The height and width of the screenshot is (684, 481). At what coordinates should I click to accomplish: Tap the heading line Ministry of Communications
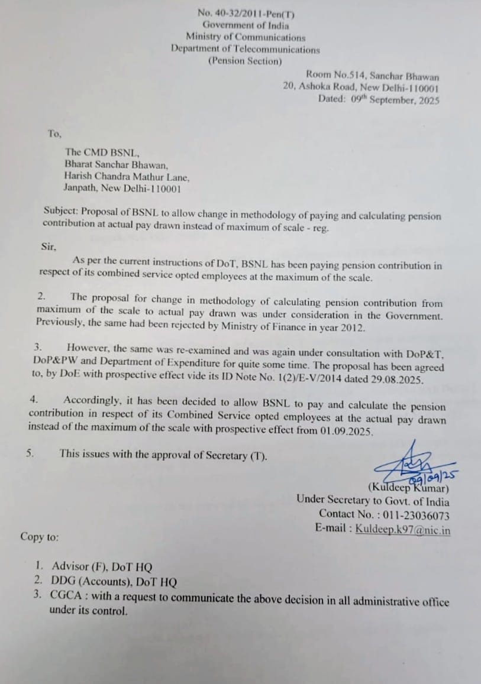[x=246, y=37]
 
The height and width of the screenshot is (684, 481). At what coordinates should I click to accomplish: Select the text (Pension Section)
[x=245, y=61]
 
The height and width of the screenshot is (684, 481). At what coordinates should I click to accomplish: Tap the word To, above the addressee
[x=54, y=134]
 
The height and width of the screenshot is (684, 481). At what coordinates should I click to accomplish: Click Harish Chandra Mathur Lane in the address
[x=127, y=177]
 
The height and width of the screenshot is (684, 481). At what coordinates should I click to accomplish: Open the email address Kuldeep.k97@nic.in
[x=403, y=529]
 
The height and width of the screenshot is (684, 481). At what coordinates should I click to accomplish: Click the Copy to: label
[x=40, y=537]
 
